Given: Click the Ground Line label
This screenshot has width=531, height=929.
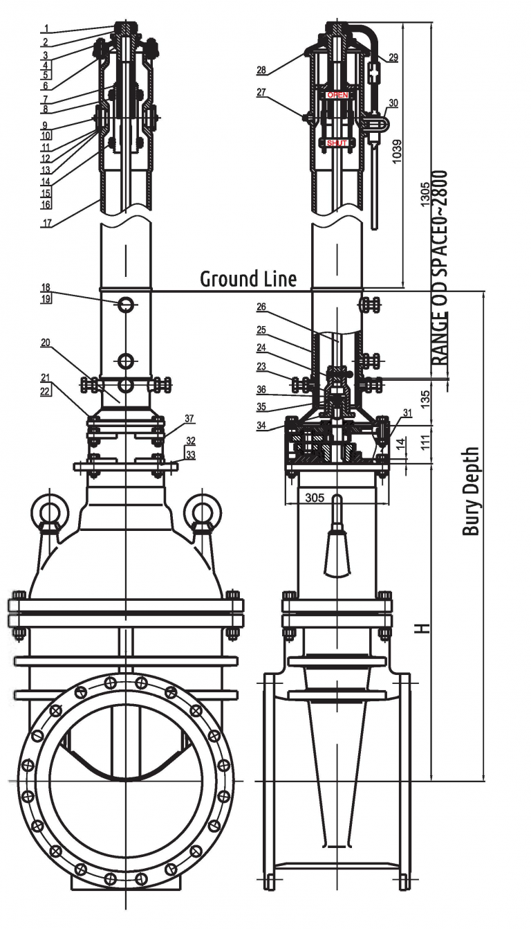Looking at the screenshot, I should click(x=248, y=278).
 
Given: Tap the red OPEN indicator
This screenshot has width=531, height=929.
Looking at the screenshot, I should click(x=337, y=94).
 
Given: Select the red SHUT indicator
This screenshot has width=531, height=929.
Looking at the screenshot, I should click(x=337, y=143).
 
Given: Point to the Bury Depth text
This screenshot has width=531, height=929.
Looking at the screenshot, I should click(x=470, y=491).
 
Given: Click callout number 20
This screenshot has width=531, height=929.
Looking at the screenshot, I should click(x=45, y=342).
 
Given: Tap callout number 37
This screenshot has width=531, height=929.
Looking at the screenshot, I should click(x=189, y=418).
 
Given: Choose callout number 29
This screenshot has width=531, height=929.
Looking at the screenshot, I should click(x=393, y=58).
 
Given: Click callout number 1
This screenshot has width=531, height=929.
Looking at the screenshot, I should click(x=45, y=29).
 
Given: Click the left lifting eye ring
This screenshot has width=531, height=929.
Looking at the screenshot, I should click(x=48, y=512).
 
